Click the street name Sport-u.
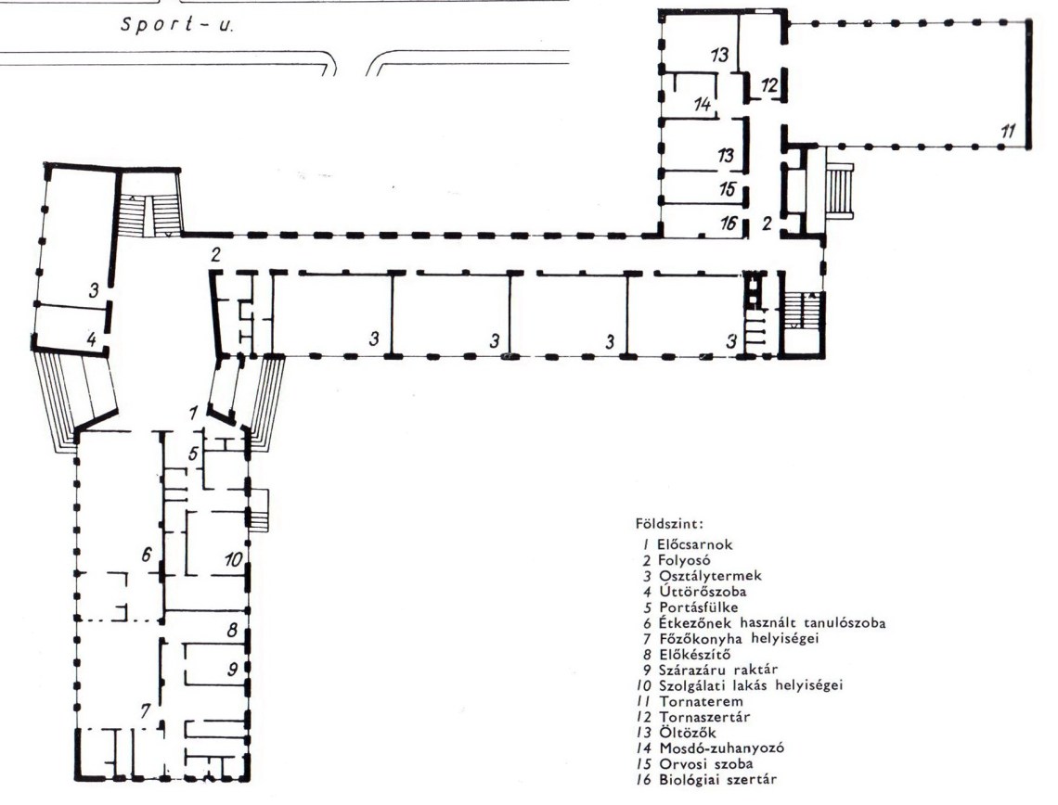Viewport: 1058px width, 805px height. coord(177,25)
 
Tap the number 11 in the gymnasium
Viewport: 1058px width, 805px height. coord(1007,130)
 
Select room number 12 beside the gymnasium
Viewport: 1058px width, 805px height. coord(769,85)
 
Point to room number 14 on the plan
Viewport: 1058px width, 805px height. coord(703,105)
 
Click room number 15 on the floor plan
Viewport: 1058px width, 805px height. coord(726,188)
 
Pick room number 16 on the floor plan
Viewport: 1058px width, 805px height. coord(728,222)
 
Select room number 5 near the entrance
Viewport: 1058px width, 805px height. coord(193,454)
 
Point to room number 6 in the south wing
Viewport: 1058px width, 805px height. coord(147,555)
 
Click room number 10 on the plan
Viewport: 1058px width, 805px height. coord(233,559)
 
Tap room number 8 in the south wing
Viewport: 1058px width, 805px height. coord(232,630)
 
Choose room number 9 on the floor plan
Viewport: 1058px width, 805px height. coord(232,669)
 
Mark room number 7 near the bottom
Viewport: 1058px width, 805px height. coord(145,710)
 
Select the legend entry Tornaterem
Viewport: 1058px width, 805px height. coord(701,701)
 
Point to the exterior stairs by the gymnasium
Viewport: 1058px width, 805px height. coord(840,191)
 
